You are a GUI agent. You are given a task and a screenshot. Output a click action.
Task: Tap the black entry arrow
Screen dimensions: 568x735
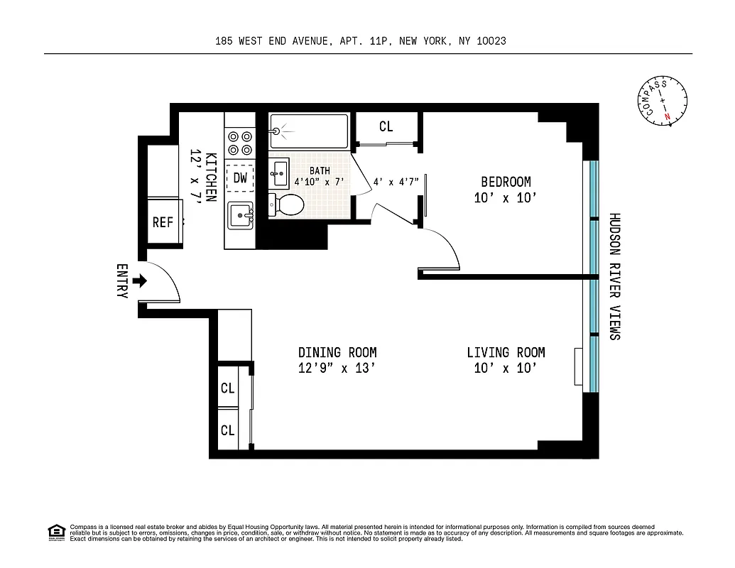140,281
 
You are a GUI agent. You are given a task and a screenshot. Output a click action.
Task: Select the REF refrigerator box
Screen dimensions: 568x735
163,222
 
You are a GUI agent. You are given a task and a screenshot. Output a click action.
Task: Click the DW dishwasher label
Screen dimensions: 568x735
241,178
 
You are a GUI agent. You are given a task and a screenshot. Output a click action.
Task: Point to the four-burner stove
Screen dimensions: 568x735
239,143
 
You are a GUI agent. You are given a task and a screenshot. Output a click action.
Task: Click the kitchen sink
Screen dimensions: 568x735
241,214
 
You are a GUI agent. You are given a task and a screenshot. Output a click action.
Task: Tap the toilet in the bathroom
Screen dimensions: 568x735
288,205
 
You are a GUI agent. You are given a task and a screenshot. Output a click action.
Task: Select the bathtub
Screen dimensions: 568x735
310,131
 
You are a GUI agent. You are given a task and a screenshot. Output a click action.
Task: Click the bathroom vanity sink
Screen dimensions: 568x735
279,170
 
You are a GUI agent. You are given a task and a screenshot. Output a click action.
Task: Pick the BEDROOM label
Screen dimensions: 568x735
506,182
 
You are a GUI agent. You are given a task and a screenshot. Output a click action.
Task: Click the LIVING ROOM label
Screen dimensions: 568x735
506,352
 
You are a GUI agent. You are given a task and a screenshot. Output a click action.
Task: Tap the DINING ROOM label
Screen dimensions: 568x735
337,352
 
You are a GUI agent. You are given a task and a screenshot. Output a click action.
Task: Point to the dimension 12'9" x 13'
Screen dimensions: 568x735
337,368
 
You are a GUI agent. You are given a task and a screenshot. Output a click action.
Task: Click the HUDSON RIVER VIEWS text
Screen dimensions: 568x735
615,276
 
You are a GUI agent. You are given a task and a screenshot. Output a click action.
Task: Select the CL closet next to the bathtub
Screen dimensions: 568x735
386,127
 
